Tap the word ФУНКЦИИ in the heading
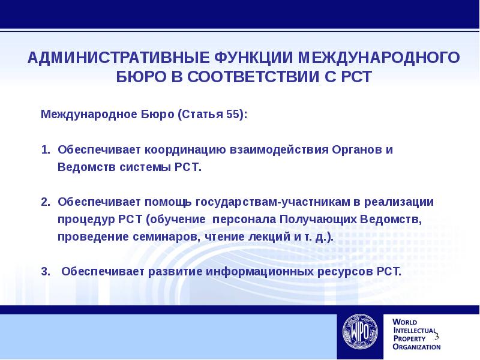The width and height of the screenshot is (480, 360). pos(253,58)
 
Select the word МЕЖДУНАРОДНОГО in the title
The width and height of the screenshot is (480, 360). pos(379,58)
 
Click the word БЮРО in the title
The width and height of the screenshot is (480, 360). pos(141,77)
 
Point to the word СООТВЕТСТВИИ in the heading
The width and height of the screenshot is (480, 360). pos(253,77)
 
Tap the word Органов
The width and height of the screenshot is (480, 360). pos(356,150)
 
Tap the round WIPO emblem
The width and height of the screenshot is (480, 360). pos(360,332)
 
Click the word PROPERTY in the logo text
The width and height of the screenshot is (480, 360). pos(409,338)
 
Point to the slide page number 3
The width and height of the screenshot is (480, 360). pos(437,336)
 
